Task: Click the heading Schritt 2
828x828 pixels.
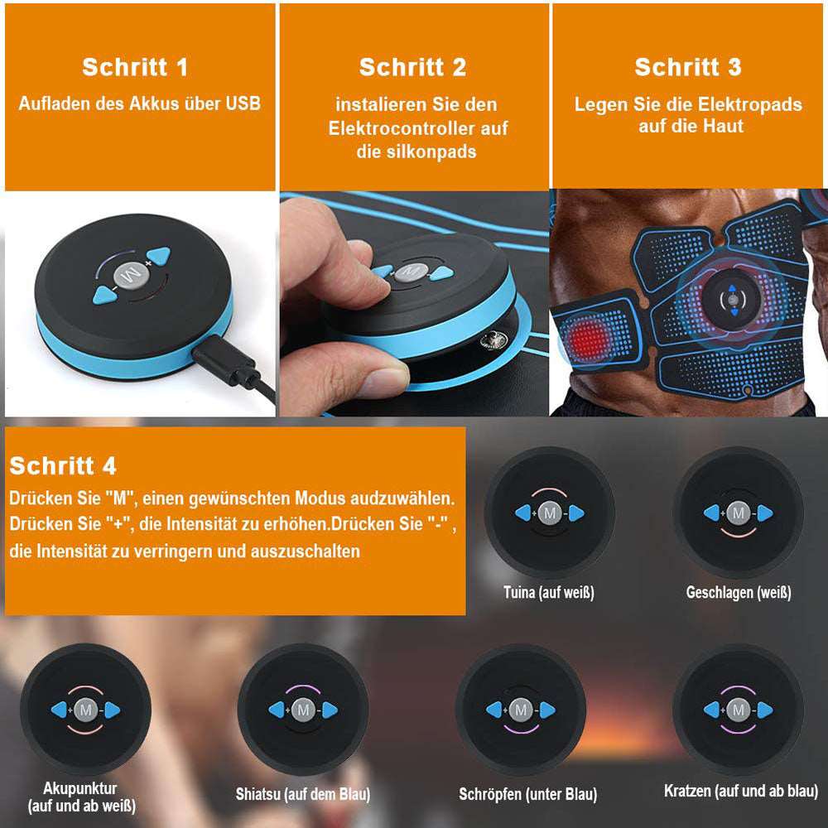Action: [412, 67]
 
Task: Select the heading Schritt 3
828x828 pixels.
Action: [687, 67]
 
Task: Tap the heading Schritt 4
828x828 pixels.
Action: [63, 465]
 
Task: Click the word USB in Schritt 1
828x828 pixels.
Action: [241, 103]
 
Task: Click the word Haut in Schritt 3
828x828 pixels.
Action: [725, 126]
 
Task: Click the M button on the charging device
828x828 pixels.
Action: [129, 272]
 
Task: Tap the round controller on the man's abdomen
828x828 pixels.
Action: [730, 297]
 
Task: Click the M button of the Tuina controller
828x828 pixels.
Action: [549, 513]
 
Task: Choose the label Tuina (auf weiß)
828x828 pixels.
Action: [549, 592]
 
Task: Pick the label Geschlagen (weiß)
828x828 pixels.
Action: [739, 592]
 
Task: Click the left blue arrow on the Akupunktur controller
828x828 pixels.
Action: [60, 710]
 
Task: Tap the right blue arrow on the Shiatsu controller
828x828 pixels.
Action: [329, 710]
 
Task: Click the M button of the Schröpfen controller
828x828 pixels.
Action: [520, 710]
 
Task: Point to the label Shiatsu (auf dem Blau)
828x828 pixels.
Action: [302, 794]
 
